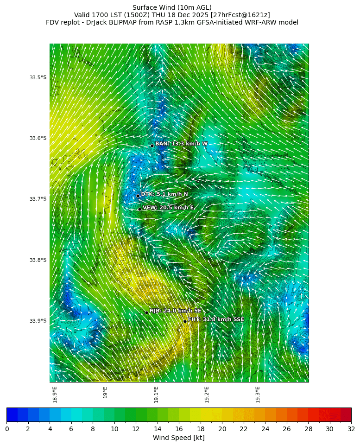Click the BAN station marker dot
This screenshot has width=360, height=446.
tap(152, 146)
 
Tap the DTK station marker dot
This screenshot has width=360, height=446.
tap(138, 196)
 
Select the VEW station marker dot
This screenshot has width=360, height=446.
tap(139, 209)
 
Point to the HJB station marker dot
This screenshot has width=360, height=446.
tap(146, 312)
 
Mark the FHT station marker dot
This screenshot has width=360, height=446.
tap(185, 321)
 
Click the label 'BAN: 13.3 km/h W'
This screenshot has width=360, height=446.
tap(181, 144)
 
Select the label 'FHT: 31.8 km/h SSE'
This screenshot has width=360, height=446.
tap(215, 319)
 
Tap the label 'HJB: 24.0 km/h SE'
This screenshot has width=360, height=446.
tap(175, 311)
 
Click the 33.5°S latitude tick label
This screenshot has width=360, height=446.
tap(38, 77)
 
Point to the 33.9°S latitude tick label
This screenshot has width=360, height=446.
tap(38, 321)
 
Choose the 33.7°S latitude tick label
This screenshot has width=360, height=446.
tap(38, 199)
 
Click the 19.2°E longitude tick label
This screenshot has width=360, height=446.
tap(207, 394)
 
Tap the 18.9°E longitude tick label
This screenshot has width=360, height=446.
tap(55, 394)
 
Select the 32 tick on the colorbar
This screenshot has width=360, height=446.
tap(351, 429)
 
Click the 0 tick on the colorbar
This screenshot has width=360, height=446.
tap(7, 429)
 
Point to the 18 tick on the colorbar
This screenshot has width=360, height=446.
tap(200, 429)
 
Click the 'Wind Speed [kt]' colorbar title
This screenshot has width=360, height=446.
tap(178, 438)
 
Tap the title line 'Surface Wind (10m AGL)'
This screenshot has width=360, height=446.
tap(172, 7)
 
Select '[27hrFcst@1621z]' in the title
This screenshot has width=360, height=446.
tap(240, 15)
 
